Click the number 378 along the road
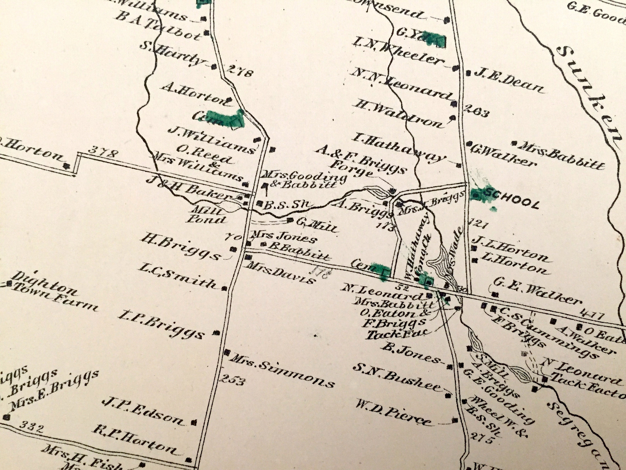click(x=102, y=154)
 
